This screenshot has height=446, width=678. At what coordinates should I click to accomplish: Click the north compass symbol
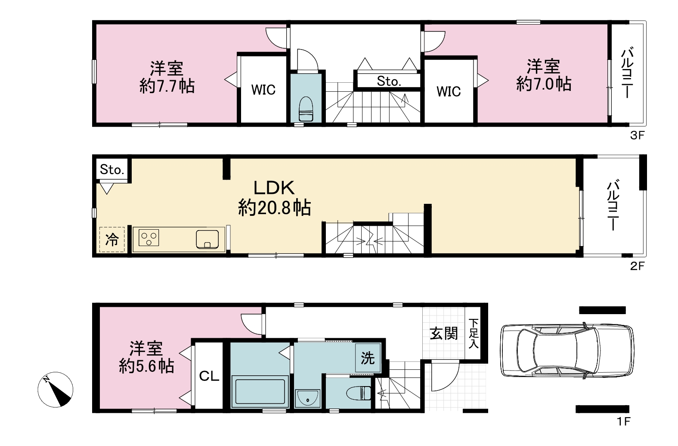click(56, 390)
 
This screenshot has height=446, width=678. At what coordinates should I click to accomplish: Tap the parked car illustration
click(567, 351)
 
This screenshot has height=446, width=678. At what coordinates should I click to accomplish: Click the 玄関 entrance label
click(443, 334)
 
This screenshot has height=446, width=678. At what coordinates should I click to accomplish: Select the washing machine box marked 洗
click(368, 358)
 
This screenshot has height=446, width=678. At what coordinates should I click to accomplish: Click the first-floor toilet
click(359, 393)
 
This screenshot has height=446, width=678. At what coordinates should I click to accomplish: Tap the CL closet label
click(209, 376)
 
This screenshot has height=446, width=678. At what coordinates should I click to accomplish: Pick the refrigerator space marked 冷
click(111, 240)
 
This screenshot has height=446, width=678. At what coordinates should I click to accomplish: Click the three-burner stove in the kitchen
click(149, 238)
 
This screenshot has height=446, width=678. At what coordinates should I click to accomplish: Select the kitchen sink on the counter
click(207, 239)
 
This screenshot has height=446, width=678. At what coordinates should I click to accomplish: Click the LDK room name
click(274, 188)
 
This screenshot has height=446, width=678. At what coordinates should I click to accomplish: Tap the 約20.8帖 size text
click(274, 208)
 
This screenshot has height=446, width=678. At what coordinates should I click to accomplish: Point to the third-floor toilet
click(305, 109)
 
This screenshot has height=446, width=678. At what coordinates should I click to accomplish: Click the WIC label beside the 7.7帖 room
click(263, 90)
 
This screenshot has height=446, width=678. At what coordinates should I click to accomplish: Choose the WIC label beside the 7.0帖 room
click(449, 91)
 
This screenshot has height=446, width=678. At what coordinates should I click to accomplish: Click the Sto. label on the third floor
click(389, 81)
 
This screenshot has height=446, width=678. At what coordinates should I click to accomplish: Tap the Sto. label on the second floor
click(112, 170)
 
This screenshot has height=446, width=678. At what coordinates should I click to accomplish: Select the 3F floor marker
click(637, 135)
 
